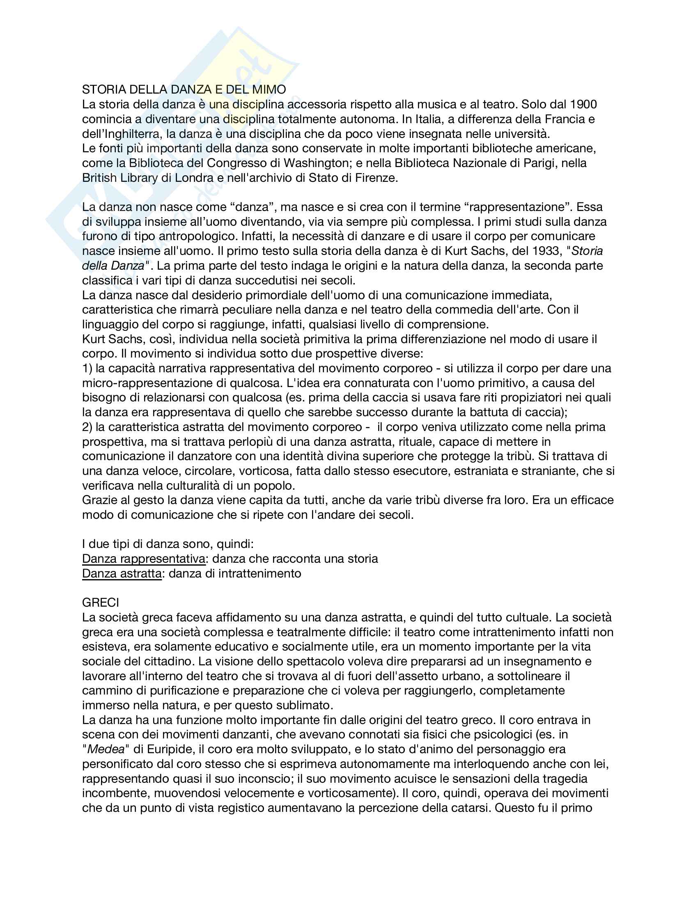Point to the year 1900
tap(582, 104)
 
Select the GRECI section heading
tap(101, 603)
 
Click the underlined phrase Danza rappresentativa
tap(143, 559)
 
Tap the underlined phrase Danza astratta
tap(122, 573)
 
